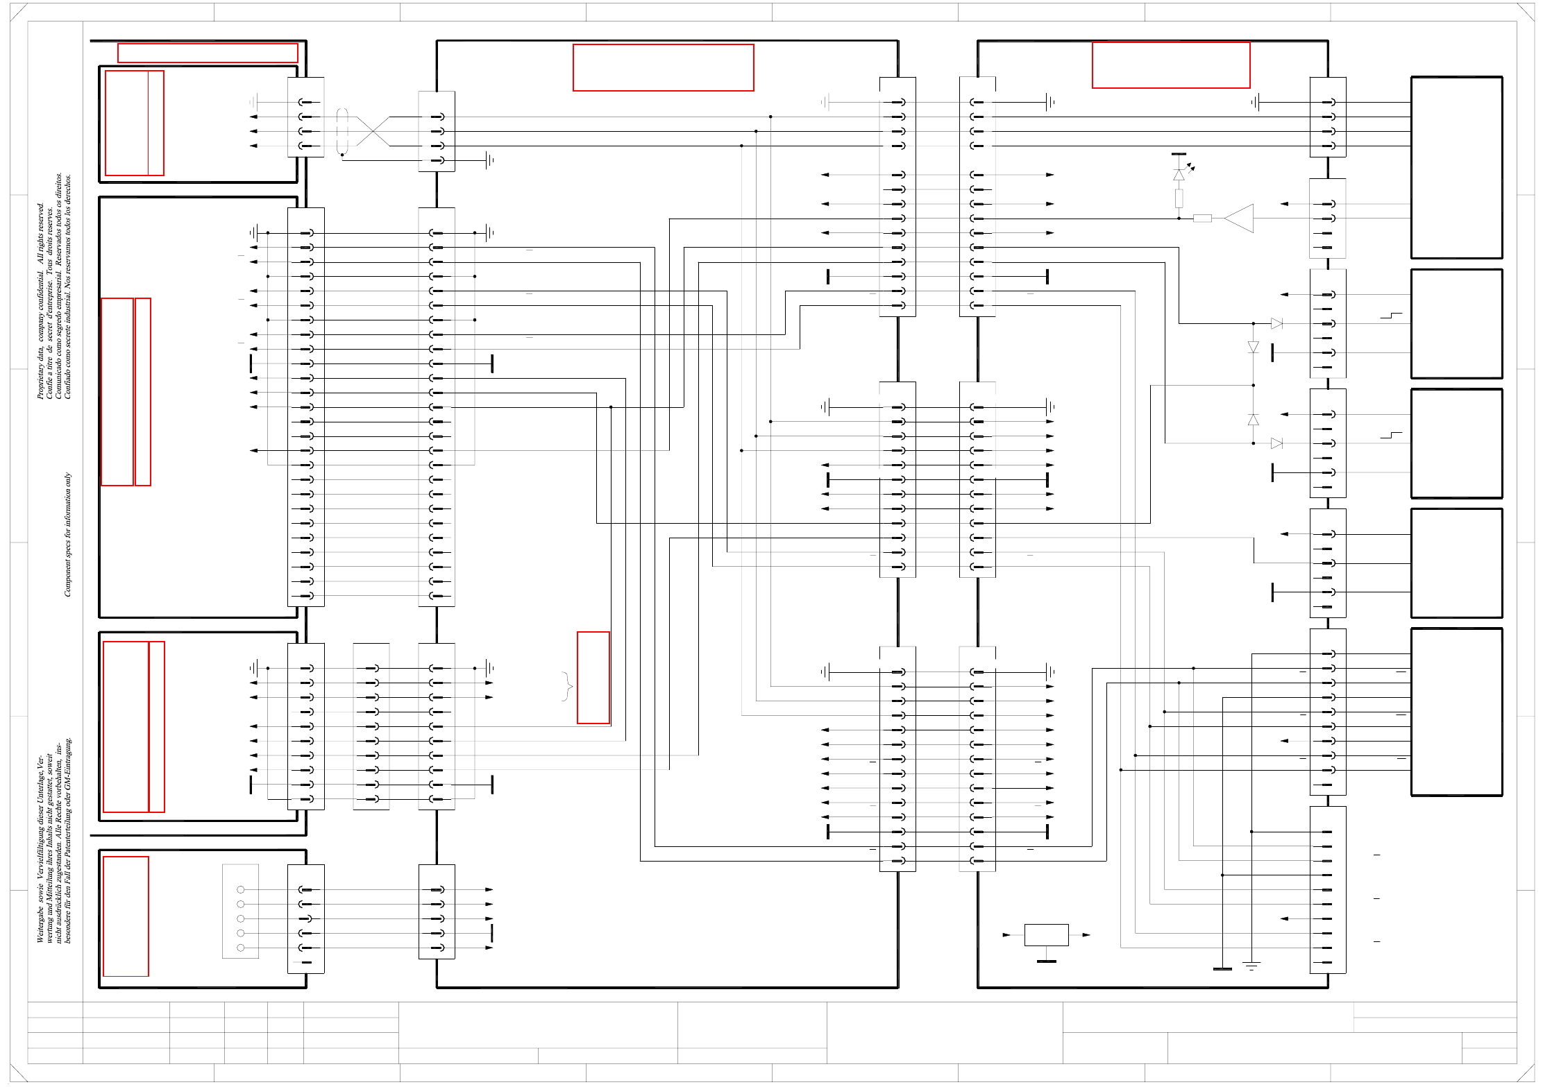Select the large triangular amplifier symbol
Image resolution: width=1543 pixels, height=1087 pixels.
[1240, 218]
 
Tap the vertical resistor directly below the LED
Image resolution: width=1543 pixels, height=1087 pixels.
[1179, 198]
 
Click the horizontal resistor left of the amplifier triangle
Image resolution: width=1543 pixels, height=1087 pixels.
[1202, 219]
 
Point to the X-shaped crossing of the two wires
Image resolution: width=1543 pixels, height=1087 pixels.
[373, 131]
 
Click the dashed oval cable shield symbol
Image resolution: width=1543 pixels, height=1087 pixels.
[342, 131]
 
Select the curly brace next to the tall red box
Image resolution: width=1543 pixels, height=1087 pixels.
[567, 686]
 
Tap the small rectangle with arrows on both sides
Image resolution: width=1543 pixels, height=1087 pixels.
[1046, 934]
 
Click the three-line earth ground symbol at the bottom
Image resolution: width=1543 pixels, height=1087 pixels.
[1251, 966]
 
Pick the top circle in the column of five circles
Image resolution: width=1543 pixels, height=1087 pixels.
[241, 889]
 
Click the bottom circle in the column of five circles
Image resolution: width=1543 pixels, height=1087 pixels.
[241, 948]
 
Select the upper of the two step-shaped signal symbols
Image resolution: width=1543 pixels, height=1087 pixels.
[1391, 316]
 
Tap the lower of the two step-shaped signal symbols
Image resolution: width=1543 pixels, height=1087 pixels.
[1391, 436]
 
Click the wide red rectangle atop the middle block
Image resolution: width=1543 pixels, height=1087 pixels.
[663, 67]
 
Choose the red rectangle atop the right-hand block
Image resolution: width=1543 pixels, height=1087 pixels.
[1170, 65]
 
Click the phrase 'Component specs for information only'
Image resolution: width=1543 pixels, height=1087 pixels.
[68, 534]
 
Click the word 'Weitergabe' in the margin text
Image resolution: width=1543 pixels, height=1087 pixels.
[40, 923]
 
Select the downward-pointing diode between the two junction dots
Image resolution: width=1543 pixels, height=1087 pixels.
[1253, 347]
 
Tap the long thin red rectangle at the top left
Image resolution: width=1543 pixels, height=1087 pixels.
[208, 53]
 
